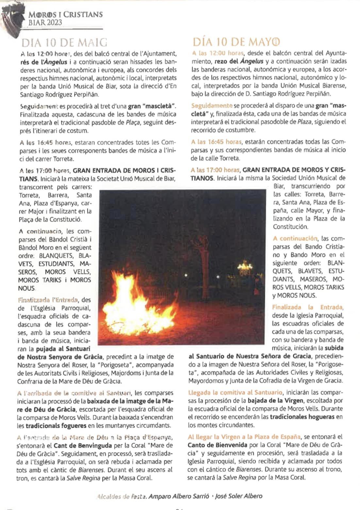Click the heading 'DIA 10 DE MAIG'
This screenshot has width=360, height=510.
(64, 43)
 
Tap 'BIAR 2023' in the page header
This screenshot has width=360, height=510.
(45, 23)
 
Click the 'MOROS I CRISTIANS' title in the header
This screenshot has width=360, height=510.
(65, 15)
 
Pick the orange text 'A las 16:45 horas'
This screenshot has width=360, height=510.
(216, 142)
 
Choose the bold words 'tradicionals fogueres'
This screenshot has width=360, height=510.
(56, 426)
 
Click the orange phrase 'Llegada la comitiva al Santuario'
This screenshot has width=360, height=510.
(235, 392)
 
